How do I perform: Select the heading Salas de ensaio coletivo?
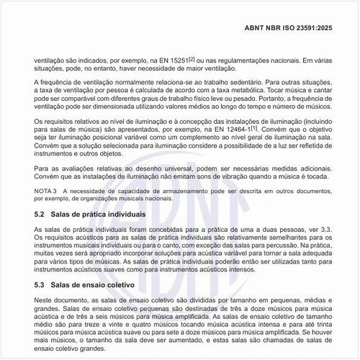coord(95,284)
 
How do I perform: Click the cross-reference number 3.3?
coord(318,229)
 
